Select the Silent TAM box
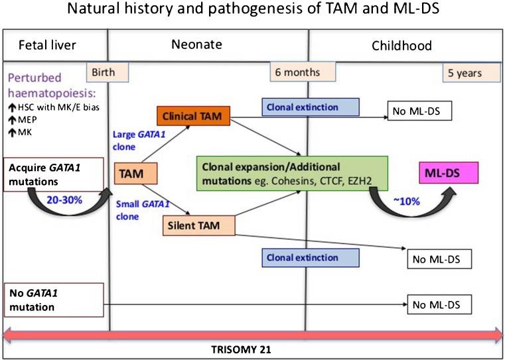click(198, 226)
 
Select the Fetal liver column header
click(40, 46)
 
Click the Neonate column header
click(208, 46)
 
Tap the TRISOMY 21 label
click(253, 347)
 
